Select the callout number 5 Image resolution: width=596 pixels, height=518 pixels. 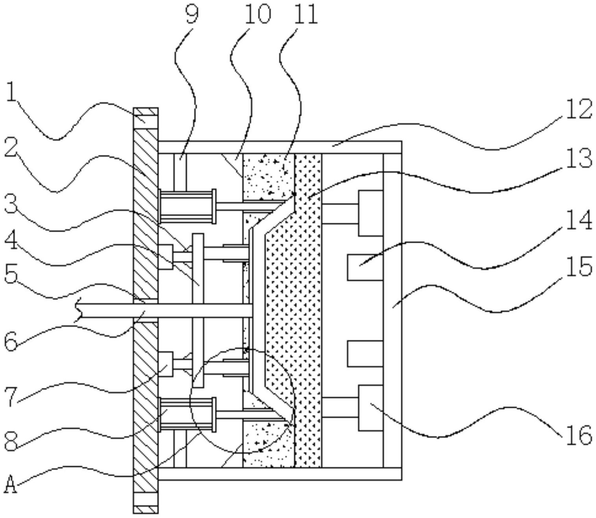tap(11, 275)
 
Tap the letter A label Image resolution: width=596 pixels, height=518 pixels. tap(11, 484)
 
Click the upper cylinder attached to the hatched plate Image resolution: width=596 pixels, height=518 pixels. tap(188, 206)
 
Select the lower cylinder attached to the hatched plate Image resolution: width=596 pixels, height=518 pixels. tap(188, 414)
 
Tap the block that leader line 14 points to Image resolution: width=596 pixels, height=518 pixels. tap(365, 267)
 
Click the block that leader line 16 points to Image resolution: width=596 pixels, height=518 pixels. tap(370, 408)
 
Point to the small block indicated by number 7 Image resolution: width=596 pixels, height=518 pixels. tap(166, 364)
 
